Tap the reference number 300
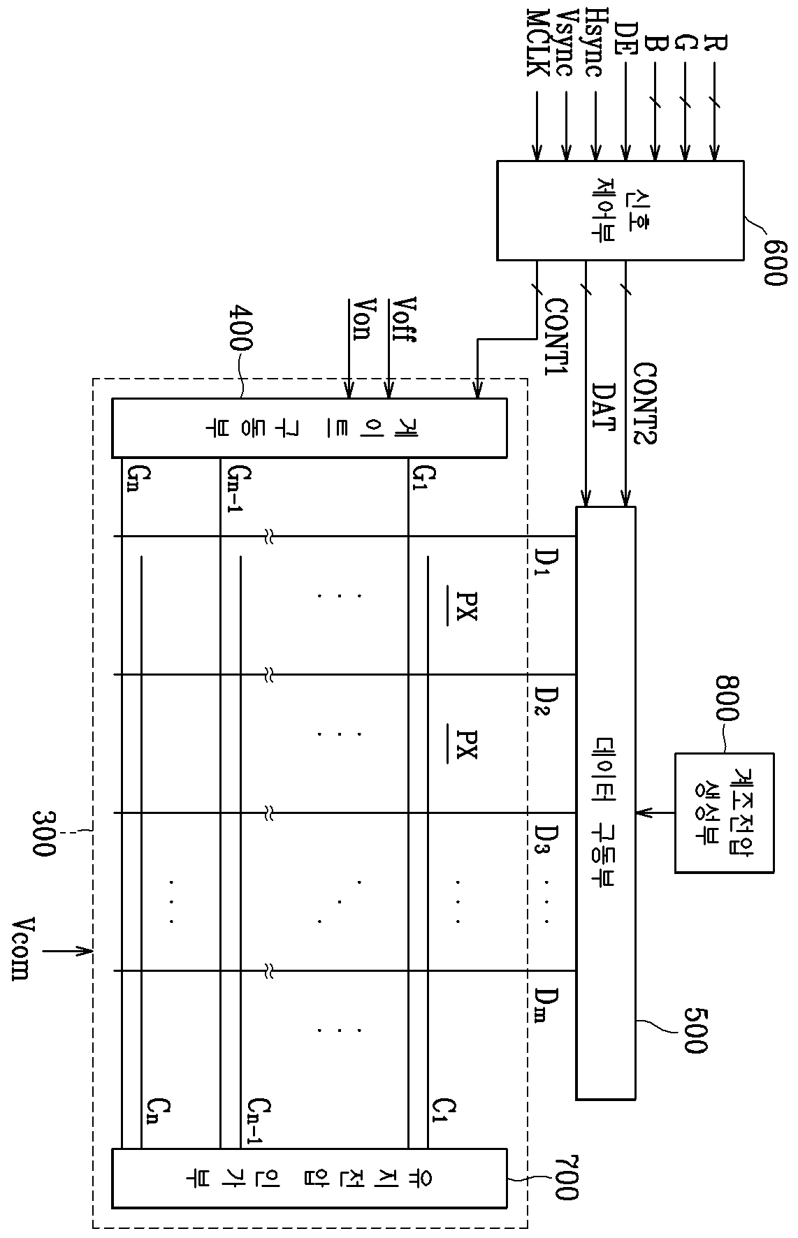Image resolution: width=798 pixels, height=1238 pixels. coord(46,833)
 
